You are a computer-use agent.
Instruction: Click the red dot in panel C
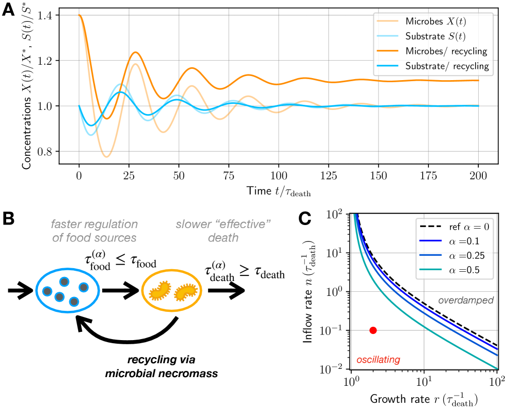pyautogui.click(x=373, y=330)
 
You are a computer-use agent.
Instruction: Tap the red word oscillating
pyautogui.click(x=378, y=360)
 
